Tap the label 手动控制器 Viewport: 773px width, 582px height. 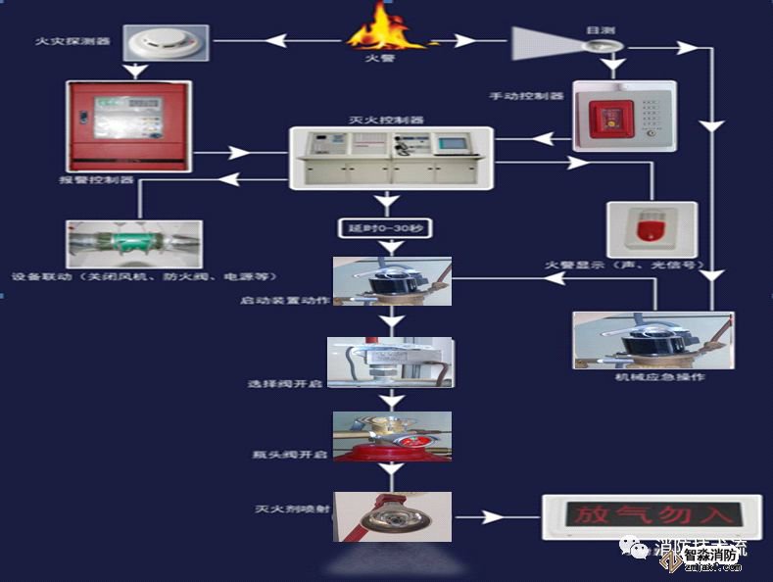527,96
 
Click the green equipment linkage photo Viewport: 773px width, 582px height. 134,243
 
